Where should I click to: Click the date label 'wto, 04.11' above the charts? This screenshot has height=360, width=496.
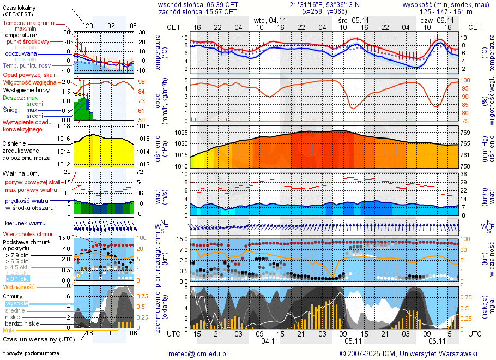[269, 20]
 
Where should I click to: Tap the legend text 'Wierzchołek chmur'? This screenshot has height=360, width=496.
[31, 235]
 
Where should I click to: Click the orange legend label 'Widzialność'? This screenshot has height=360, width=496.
[19, 286]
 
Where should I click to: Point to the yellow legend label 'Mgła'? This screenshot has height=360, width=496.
[9, 330]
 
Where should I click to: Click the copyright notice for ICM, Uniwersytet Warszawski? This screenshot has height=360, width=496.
[408, 353]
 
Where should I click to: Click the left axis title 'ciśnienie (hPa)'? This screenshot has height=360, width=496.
[161, 147]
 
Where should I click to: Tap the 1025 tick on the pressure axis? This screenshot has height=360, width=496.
[182, 133]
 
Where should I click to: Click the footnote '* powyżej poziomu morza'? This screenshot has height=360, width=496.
[31, 353]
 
